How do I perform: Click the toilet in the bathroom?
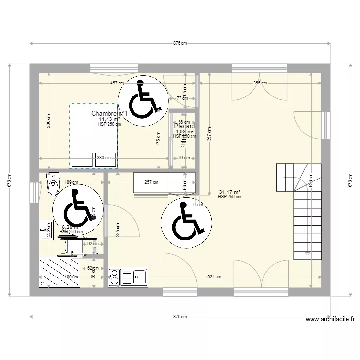pos(52,183)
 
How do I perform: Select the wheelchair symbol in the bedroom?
pos(142,102)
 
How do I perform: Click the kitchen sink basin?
pos(140,276)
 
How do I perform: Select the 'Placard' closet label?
pos(184,126)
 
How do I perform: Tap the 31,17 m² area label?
pos(229,192)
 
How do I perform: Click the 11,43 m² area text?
pos(109,119)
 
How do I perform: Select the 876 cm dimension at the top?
pos(180,43)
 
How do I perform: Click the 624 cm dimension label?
pos(214,277)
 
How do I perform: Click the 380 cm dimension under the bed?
pos(104,157)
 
